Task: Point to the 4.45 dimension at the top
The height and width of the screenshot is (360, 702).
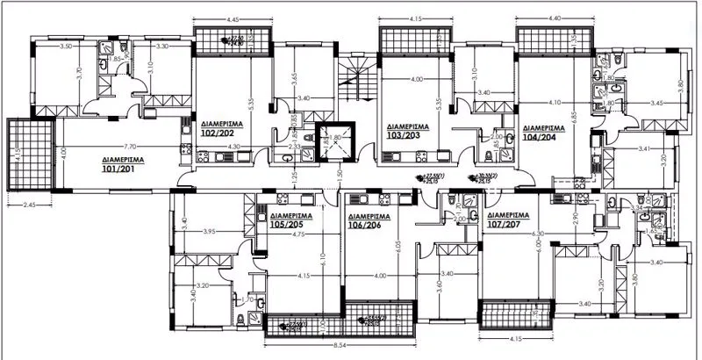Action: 233,18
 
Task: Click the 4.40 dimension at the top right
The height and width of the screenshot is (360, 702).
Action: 555,18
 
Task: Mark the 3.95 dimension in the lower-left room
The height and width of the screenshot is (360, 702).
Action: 208,231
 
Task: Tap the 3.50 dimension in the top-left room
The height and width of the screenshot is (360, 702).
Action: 65,46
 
